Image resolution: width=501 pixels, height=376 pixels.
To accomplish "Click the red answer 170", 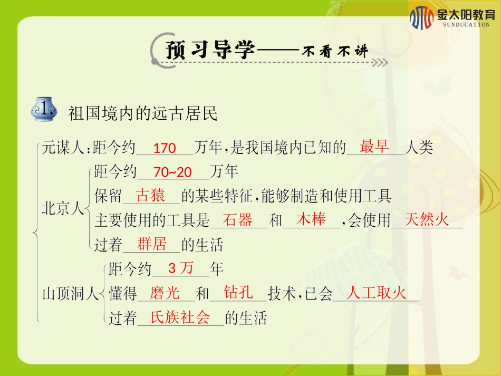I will tap(165, 149).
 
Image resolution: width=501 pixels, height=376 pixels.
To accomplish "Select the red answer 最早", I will tap(374, 147).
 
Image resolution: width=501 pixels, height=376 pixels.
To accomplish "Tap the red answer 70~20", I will tap(173, 172).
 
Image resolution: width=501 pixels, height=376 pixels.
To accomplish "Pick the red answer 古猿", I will tap(151, 196).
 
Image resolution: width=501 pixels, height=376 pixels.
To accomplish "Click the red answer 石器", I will tap(238, 220).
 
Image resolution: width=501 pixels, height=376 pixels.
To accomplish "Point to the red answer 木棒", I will tap(311, 219).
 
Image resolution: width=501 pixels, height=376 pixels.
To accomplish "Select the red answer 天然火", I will tap(427, 220).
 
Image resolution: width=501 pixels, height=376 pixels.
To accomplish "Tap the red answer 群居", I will tap(152, 244).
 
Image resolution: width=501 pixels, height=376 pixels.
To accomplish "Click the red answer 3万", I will tap(181, 268).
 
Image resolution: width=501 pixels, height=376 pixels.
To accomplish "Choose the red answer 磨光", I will tap(165, 293).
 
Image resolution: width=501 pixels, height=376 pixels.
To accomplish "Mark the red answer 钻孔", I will tap(238, 293).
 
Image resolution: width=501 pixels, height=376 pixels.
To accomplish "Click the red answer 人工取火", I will tap(377, 293).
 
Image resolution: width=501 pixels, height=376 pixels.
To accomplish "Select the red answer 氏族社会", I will tap(180, 317).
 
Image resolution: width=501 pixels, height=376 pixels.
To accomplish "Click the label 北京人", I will tap(63, 209).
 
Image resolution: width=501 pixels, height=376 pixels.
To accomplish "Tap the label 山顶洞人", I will tap(70, 294).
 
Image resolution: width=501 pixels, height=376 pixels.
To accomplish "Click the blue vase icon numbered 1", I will tap(45, 110).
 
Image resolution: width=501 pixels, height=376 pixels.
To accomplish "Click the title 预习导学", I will tap(210, 51).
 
